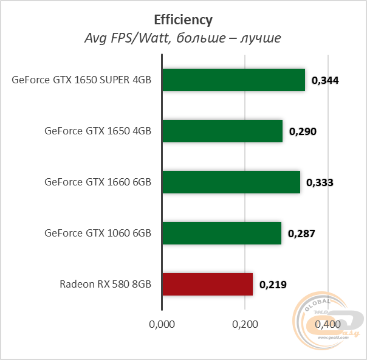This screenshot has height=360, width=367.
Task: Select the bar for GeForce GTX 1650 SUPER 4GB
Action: (233, 80)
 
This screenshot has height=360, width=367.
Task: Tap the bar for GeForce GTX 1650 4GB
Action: (222, 131)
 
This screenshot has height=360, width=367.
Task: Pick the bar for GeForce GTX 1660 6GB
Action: (231, 182)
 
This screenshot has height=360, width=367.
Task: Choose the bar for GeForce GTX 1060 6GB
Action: (222, 233)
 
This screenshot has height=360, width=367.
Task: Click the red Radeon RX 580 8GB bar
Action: (207, 284)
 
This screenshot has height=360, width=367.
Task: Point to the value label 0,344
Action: (325, 80)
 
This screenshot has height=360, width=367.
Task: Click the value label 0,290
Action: (303, 131)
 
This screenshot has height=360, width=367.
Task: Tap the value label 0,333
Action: (320, 182)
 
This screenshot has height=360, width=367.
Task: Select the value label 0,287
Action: (301, 234)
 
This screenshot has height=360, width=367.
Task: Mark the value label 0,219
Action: (273, 285)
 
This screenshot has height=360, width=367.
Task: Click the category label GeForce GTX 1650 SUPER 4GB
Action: (81, 80)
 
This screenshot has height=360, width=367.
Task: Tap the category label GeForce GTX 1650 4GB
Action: (98, 131)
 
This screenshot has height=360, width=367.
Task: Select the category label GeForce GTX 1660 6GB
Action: (98, 182)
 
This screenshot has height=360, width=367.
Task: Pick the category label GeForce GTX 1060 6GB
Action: (98, 234)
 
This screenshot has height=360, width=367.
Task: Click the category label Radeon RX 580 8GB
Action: (105, 285)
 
